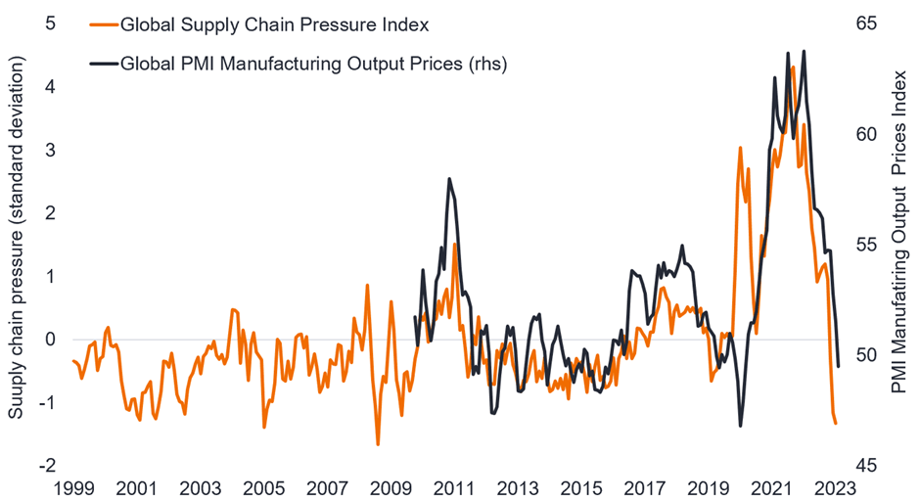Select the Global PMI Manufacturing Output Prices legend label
(313, 65)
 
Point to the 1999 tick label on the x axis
(74, 487)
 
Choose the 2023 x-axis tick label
(835, 487)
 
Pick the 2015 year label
(581, 487)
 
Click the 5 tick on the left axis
(50, 23)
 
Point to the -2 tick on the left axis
(47, 466)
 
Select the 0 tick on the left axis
(50, 340)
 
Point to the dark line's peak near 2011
(449, 179)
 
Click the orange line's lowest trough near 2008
(378, 444)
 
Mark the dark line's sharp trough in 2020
(740, 426)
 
